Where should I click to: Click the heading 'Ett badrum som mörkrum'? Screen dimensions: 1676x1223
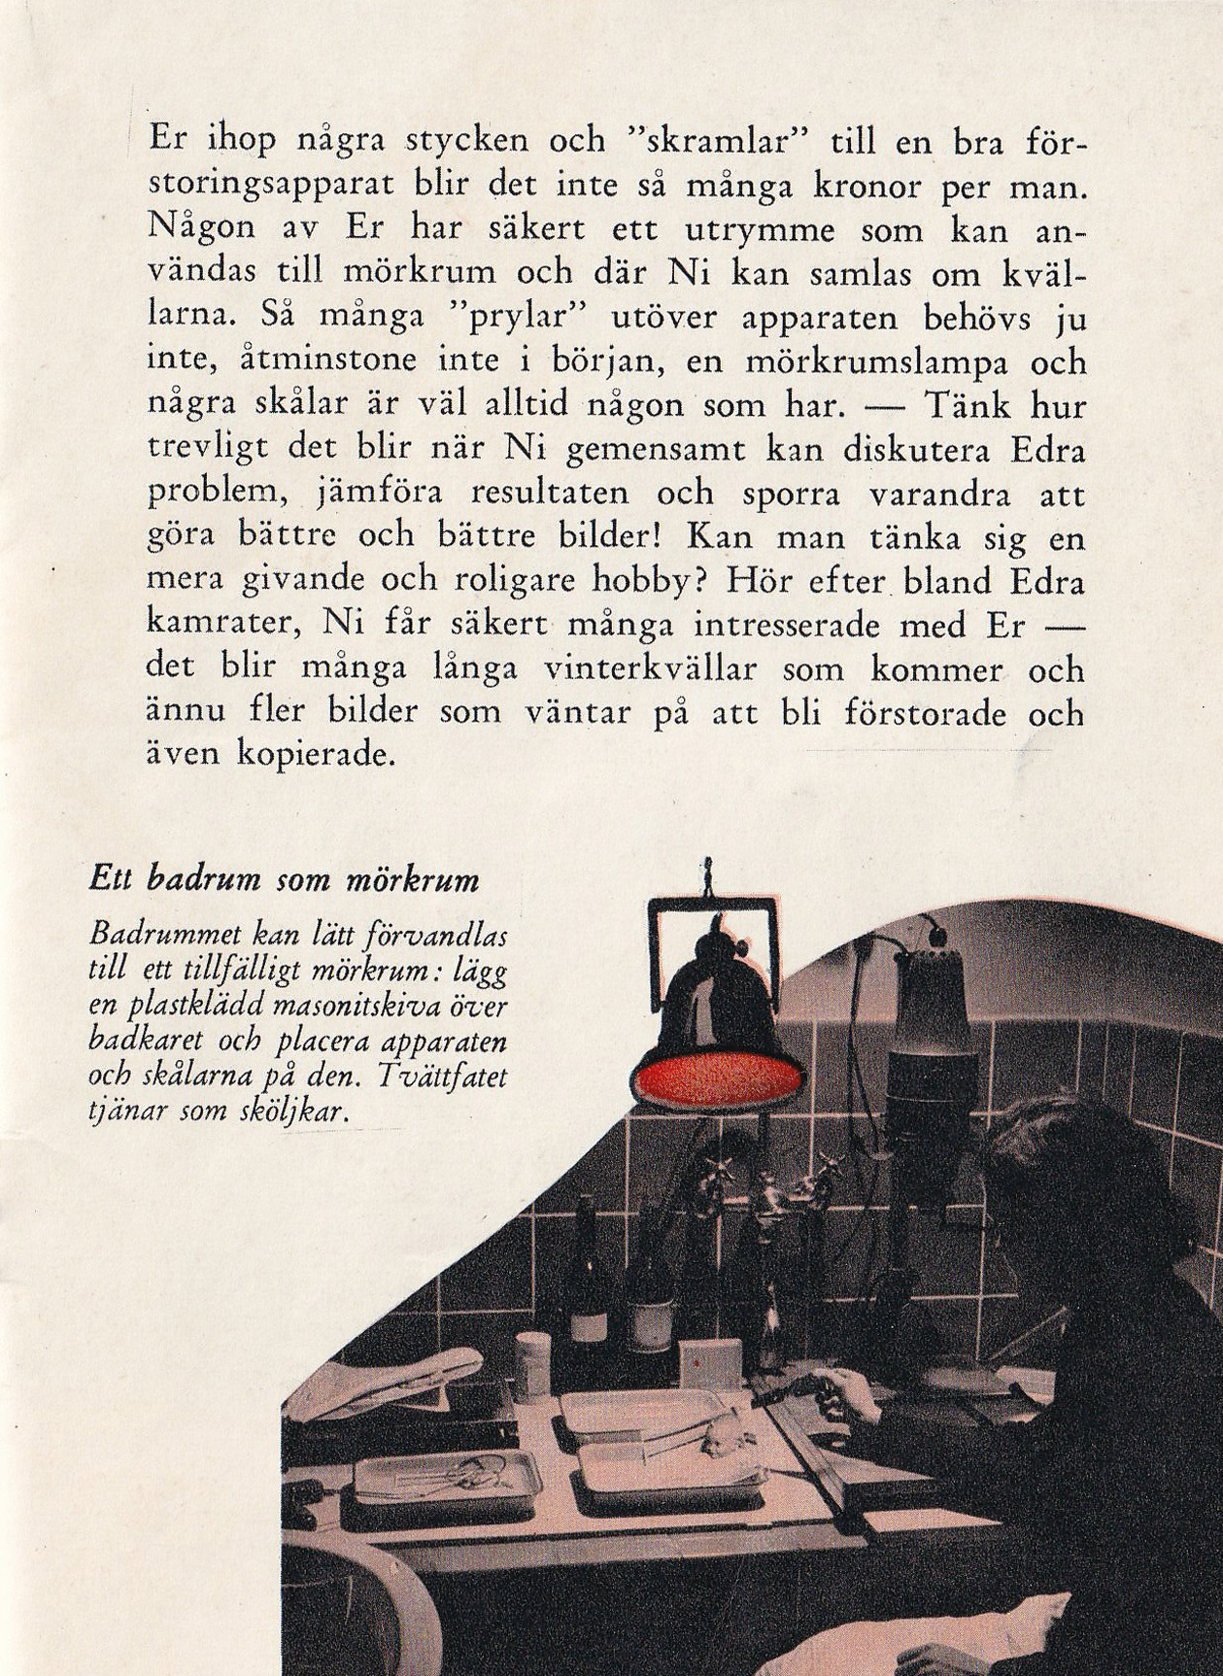tap(284, 880)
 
